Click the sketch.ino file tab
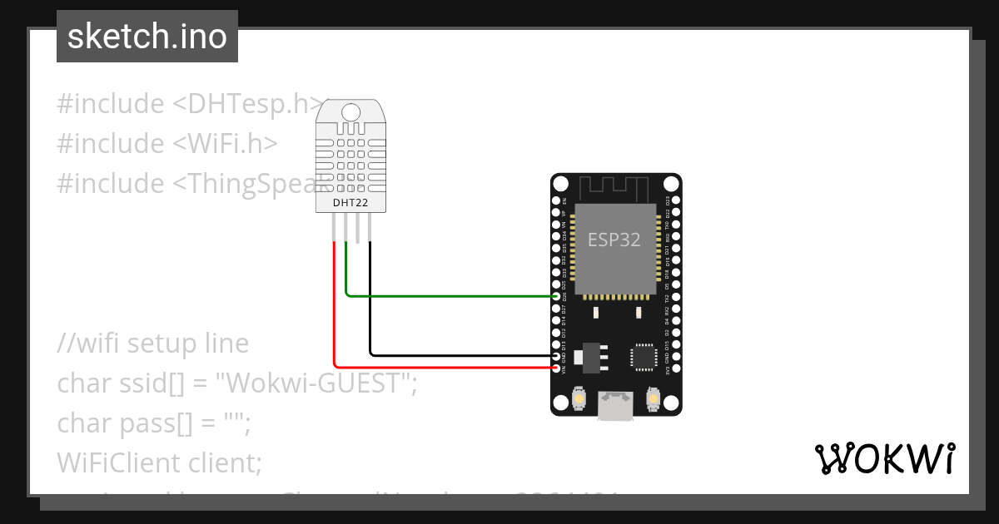(x=147, y=37)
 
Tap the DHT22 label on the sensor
(x=350, y=203)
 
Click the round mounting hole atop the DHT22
(x=350, y=111)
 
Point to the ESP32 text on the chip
(x=614, y=240)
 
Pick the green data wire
(x=450, y=295)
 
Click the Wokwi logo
(x=884, y=458)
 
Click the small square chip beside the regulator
(x=644, y=356)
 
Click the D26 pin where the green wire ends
(x=557, y=296)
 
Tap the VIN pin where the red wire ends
(x=557, y=367)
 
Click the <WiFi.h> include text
(x=225, y=144)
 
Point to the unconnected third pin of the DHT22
(x=358, y=229)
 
